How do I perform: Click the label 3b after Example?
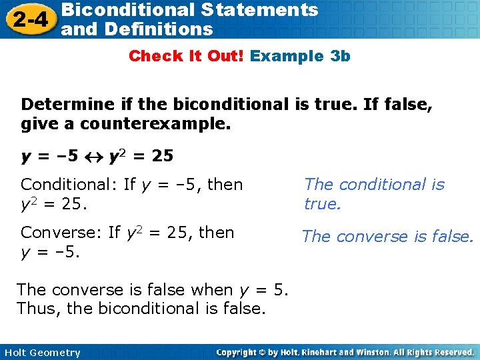[x=340, y=56]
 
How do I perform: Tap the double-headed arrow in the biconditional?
[x=95, y=157]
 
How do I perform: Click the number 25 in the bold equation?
[x=161, y=157]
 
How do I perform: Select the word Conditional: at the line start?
[x=68, y=185]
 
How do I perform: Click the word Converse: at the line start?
[x=61, y=233]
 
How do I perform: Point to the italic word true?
[x=322, y=204]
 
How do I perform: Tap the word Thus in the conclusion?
[x=37, y=309]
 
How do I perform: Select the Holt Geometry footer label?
[x=42, y=353]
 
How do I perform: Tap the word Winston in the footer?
[x=370, y=352]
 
